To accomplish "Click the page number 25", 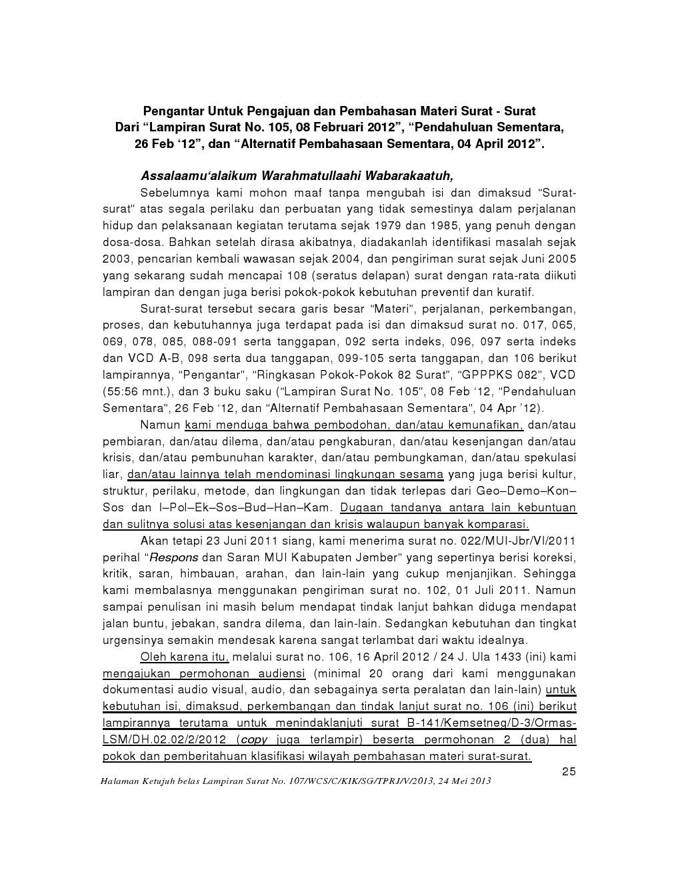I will [x=568, y=771].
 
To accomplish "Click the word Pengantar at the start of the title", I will [x=172, y=110].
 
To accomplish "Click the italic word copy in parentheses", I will [x=253, y=739].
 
